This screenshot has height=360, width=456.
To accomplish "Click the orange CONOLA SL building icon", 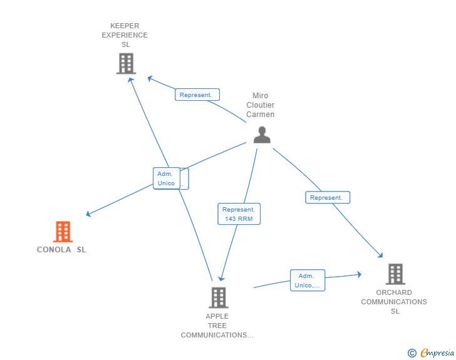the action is click(x=63, y=232).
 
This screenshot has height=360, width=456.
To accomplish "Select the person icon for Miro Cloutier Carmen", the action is click(x=262, y=135).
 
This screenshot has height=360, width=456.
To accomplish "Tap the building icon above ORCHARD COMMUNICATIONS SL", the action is click(x=395, y=274).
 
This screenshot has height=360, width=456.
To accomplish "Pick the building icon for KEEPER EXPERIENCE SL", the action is click(x=127, y=63).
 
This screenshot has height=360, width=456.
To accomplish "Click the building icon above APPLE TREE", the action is click(x=219, y=298).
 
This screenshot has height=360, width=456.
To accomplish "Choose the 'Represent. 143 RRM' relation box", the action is click(x=239, y=214).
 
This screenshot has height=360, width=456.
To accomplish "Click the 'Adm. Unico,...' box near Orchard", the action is click(x=308, y=280).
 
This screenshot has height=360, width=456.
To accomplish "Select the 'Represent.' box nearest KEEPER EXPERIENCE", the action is click(x=197, y=95).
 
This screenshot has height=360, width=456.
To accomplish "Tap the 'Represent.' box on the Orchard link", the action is click(x=328, y=197).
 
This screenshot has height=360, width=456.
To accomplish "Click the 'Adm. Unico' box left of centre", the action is click(x=167, y=178).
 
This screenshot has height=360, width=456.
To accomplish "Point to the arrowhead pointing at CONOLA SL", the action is click(x=88, y=214).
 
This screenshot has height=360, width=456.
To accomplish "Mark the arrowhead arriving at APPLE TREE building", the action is click(x=222, y=279).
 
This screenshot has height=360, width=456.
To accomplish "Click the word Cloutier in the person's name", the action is click(x=261, y=105).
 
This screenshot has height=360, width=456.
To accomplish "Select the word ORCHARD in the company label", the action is click(x=394, y=292).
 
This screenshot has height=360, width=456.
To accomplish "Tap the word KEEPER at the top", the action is click(x=125, y=26).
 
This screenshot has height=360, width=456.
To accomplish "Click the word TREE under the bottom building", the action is click(x=217, y=326).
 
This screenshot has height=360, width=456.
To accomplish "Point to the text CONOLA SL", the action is click(x=61, y=250).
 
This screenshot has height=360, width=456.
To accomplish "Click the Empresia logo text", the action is click(x=437, y=353).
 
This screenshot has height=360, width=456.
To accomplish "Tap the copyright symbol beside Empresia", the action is click(x=412, y=353).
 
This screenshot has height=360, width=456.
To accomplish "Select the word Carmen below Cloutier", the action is click(x=261, y=115).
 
